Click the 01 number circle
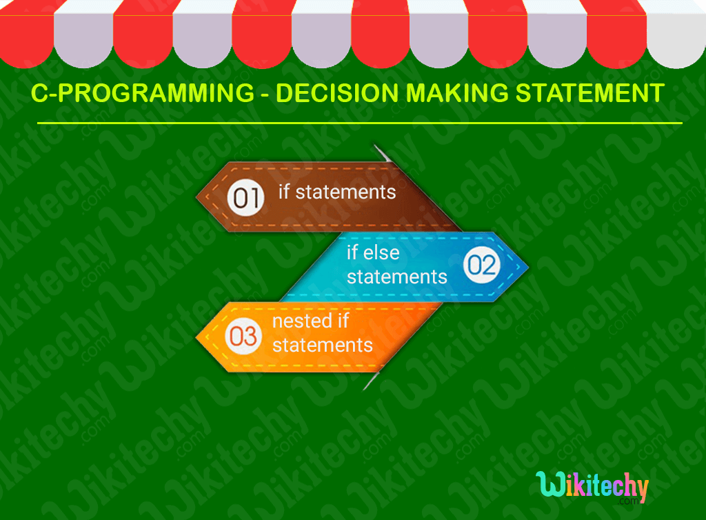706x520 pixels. point(245,197)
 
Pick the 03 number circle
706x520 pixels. point(243,337)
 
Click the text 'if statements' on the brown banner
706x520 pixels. point(337,192)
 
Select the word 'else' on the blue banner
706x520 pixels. point(382,252)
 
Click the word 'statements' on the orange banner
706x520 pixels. point(322,344)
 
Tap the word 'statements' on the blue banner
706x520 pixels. point(396,277)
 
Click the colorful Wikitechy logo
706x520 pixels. point(592,487)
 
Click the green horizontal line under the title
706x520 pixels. point(359,123)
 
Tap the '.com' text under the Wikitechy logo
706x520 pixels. point(634,503)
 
